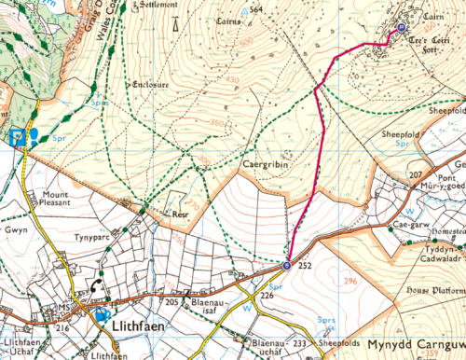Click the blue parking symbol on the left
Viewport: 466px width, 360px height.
click(16, 137)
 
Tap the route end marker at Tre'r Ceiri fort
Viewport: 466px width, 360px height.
click(401, 29)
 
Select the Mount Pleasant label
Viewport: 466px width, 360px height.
click(62, 201)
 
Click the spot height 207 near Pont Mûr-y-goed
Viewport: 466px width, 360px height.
click(416, 175)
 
